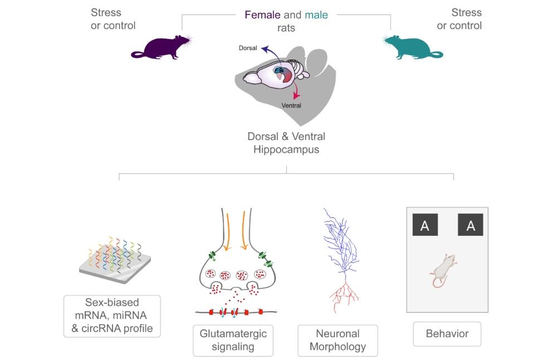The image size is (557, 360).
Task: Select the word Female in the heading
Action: pos(262,15)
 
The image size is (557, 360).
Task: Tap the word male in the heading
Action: pos(316,15)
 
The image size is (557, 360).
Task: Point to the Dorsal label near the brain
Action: pos(248,48)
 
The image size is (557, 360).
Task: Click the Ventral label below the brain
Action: pos(291,105)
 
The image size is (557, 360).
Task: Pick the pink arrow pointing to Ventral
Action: pos(297,91)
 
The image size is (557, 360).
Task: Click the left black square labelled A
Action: pos(425,225)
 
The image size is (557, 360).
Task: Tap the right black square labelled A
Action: pos(471,225)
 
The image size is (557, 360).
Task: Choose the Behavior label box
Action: pos(447,334)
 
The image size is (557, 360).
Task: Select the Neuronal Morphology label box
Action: pos(338,340)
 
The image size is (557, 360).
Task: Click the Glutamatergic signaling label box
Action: pos(233,340)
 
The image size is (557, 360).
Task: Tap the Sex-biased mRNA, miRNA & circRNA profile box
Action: pos(112,316)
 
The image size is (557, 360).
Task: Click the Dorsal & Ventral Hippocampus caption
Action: pos(286,143)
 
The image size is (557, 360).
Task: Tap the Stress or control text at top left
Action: pos(113,19)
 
